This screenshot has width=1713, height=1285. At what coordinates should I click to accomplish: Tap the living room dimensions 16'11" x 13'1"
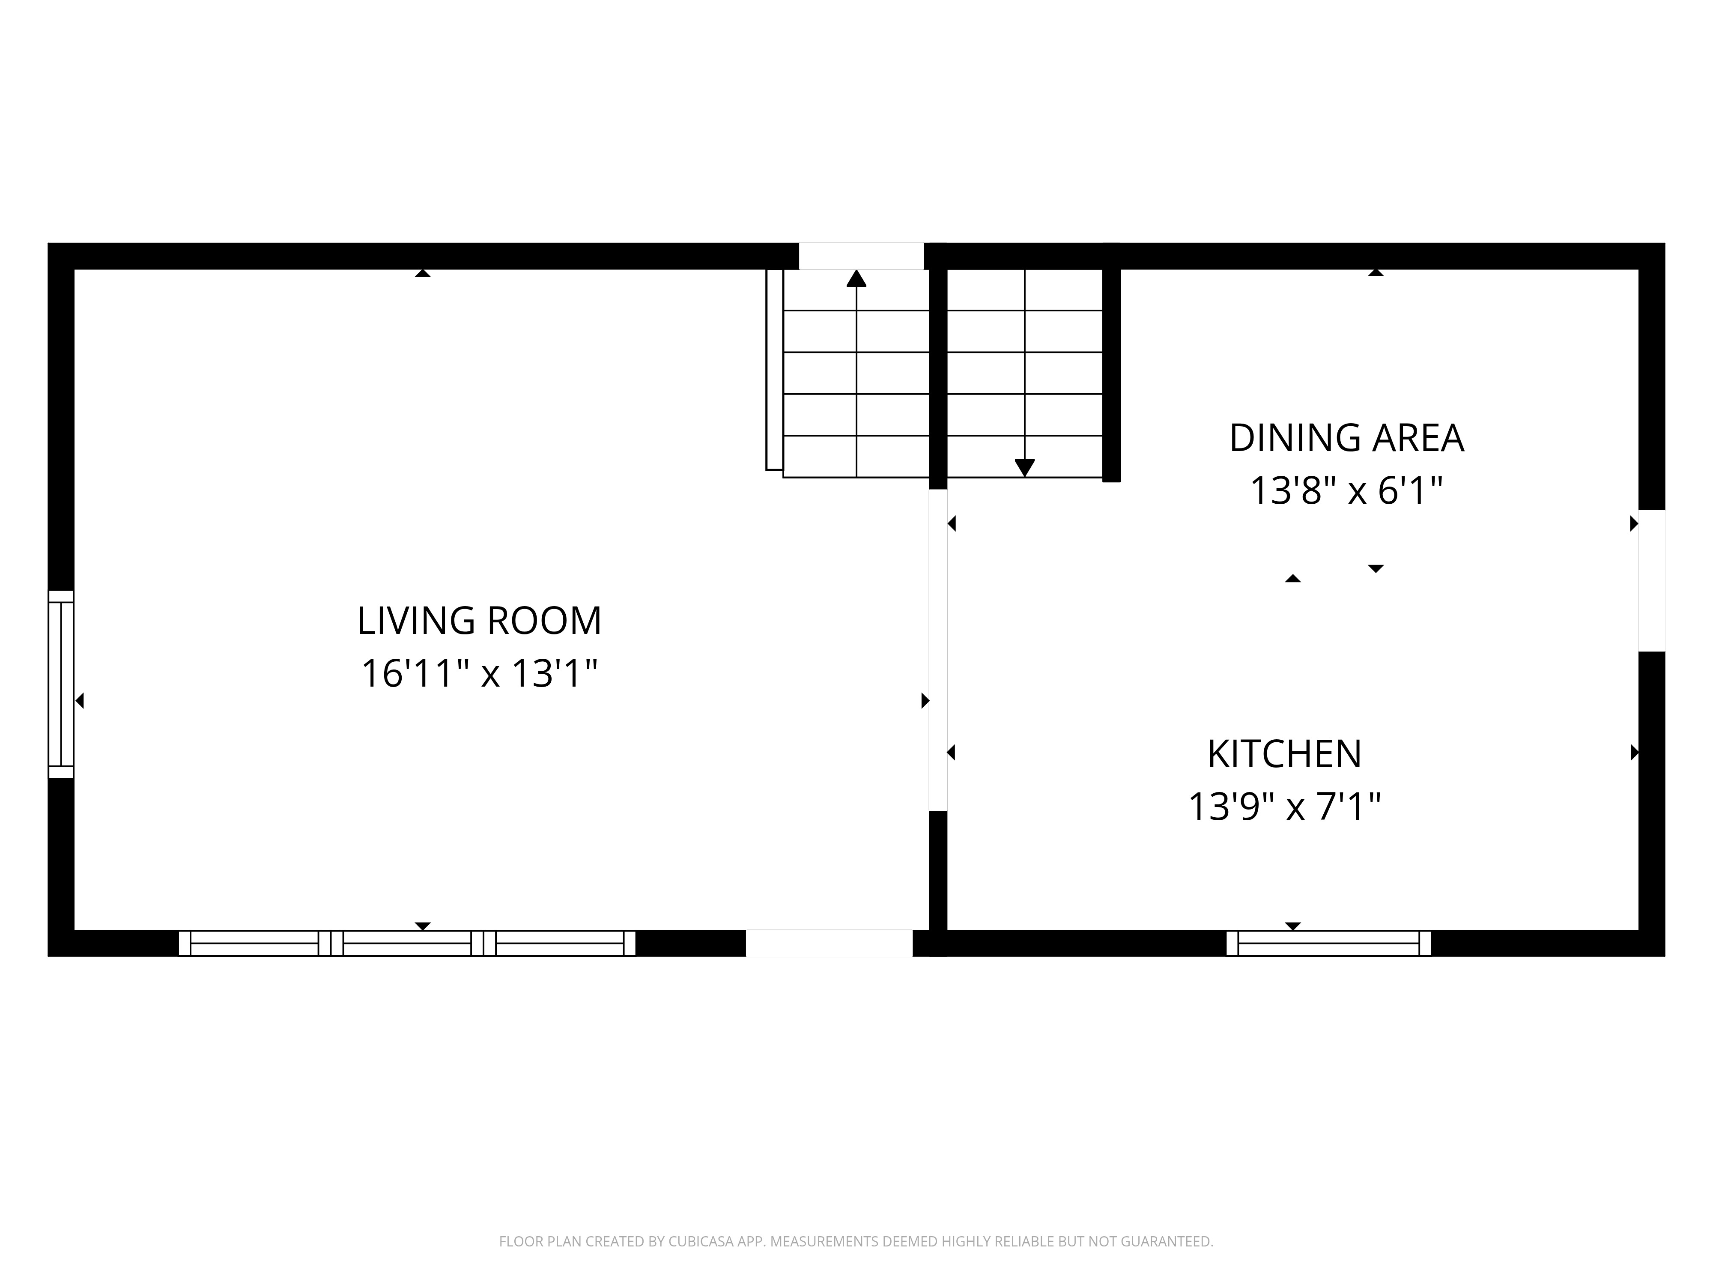(x=479, y=673)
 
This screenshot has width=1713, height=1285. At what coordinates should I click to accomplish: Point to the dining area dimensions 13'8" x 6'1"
(x=1347, y=490)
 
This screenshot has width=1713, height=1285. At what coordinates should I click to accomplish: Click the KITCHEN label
(x=1285, y=754)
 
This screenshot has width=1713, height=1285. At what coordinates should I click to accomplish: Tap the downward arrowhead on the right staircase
(x=1024, y=468)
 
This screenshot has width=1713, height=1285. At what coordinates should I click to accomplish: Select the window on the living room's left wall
(x=61, y=684)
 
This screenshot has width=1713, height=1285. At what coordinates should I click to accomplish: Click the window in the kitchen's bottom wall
(x=1329, y=944)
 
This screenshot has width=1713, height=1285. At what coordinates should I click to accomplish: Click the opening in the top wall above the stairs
(x=861, y=257)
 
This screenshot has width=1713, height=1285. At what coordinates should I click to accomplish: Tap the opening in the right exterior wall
(x=1652, y=581)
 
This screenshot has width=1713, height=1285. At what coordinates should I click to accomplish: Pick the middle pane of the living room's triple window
(x=407, y=944)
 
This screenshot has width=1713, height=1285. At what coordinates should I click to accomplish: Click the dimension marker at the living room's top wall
(x=422, y=273)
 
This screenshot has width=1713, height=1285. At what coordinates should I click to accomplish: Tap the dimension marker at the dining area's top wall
(x=1376, y=273)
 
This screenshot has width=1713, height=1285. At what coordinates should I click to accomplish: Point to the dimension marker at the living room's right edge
(x=925, y=701)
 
